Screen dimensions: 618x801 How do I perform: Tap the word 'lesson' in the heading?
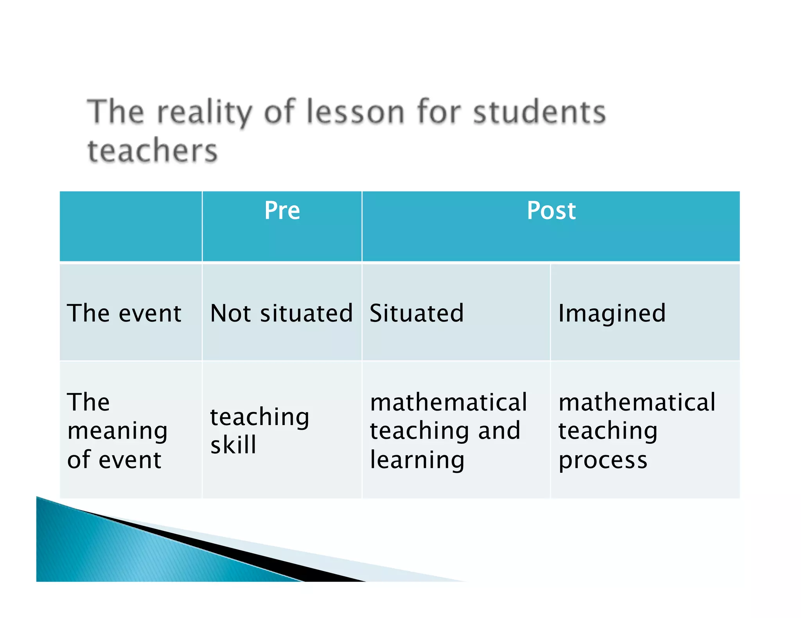coord(354,113)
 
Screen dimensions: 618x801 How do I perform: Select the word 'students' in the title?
coord(539,113)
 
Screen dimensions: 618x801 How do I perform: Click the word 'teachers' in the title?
coord(153,151)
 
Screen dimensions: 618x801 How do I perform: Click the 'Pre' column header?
coord(282,211)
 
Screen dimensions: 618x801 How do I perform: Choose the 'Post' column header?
coord(551,211)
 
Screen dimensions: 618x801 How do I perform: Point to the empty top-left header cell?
coord(131,226)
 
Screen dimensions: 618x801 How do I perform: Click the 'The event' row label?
coord(124,313)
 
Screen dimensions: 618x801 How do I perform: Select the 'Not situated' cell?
coord(282,313)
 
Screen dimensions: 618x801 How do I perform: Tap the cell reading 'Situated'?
coord(417,313)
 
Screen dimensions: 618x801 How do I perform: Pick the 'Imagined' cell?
coord(612,313)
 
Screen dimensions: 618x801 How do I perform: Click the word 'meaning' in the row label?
coord(117,431)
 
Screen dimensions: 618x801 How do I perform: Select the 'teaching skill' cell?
coord(260,430)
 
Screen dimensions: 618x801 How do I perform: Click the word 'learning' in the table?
coord(417,460)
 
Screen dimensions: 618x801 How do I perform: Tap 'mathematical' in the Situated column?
coord(449,402)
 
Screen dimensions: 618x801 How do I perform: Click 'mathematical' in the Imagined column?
coord(637,402)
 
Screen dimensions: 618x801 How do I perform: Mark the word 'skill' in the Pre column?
coord(233,445)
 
